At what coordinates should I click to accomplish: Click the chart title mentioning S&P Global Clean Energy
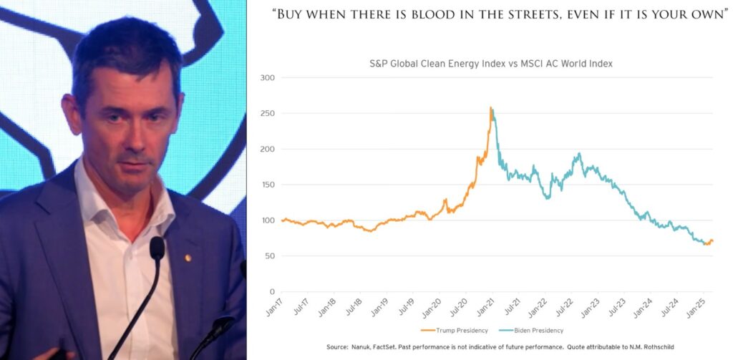[490, 64]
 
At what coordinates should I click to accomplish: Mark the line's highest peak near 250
[490, 108]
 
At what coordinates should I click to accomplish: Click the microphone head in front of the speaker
[157, 248]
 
